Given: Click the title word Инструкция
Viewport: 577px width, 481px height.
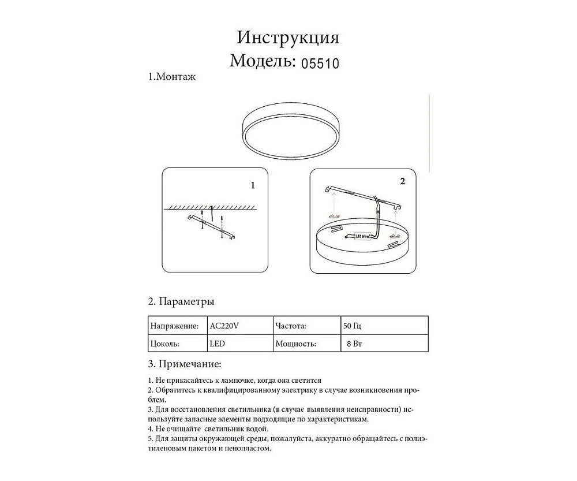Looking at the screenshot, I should coord(288,38).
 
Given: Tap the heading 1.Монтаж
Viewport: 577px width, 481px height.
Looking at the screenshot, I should coord(172,77).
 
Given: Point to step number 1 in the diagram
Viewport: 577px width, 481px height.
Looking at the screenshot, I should coord(253,186).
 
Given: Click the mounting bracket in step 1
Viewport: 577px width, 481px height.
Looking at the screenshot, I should coord(212,226).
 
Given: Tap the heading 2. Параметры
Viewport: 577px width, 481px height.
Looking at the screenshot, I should coord(182,302).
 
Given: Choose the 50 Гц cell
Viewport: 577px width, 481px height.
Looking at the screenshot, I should coord(353,326).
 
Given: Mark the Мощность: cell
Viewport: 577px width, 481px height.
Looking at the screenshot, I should coord(296,344).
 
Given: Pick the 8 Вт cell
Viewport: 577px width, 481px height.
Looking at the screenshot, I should coord(355,344).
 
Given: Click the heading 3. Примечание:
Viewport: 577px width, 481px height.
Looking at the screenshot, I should coord(184,364).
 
